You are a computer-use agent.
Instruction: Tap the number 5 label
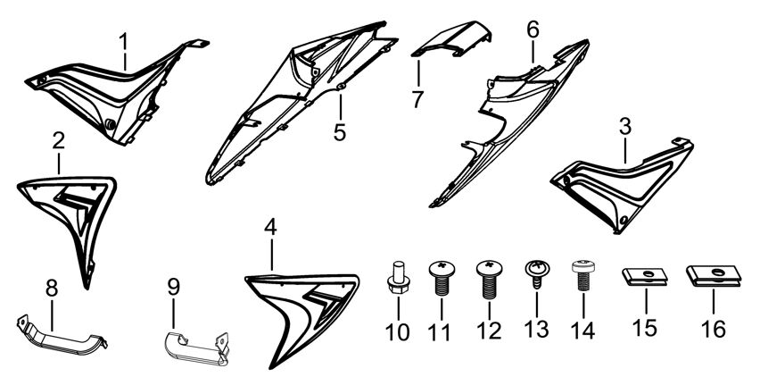pos(340,131)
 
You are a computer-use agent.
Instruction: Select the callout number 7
pos(417,99)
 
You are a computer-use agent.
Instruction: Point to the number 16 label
pos(714,329)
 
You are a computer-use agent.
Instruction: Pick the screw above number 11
pos(442,279)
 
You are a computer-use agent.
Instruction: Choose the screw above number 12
pos(489,280)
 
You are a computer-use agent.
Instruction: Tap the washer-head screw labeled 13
pos(537,274)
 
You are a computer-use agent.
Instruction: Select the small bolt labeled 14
pos(584,275)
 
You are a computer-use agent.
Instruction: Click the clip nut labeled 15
pos(645,276)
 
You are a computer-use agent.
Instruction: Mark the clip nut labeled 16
pos(714,275)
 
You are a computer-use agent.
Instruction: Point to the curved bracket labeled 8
pos(62,336)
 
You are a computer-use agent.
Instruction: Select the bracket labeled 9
pos(196,349)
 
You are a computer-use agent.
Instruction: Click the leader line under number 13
pos(537,303)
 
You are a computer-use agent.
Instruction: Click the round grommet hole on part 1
pos(111,124)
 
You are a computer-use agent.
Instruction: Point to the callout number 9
pos(173,288)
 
